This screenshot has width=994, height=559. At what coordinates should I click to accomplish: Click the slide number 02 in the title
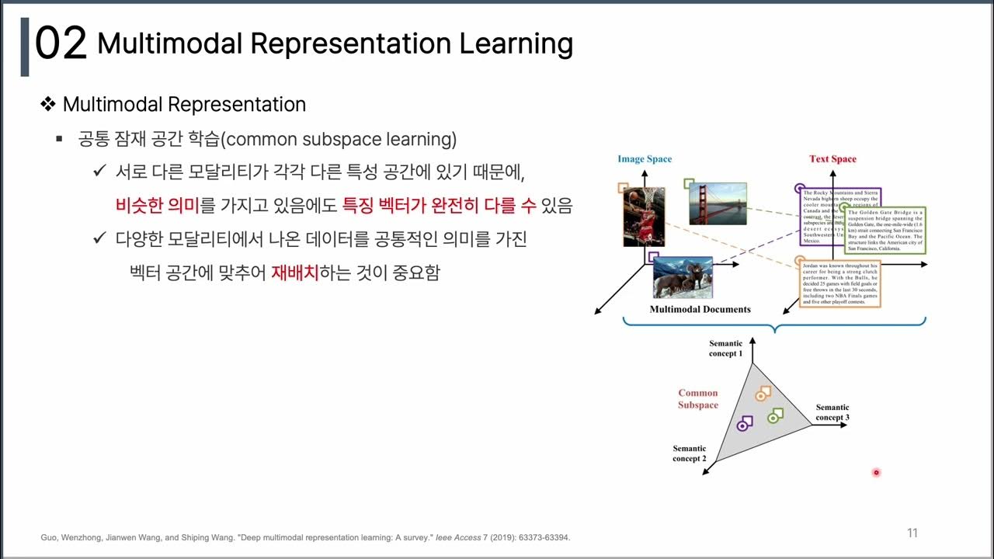click(61, 44)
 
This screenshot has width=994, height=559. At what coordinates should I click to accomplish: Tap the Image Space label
click(645, 159)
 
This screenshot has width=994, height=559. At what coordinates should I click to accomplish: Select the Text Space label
click(832, 159)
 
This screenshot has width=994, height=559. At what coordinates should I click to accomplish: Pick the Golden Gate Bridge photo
click(718, 203)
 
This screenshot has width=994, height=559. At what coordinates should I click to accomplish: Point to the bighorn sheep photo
click(683, 277)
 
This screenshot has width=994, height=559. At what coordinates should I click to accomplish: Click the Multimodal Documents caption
click(700, 309)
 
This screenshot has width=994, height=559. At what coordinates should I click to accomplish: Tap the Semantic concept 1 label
click(725, 349)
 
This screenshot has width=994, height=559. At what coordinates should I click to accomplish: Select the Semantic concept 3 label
click(832, 412)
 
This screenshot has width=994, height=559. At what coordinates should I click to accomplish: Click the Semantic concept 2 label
click(690, 453)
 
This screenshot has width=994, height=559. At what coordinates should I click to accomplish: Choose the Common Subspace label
click(697, 399)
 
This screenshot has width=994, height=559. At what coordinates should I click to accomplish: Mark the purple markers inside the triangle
click(745, 424)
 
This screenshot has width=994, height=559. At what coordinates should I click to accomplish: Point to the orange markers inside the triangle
click(762, 394)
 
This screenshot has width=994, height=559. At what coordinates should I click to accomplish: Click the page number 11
click(912, 533)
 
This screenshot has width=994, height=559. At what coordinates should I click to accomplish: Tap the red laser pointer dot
click(876, 472)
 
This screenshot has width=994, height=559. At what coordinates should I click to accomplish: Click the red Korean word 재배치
click(294, 273)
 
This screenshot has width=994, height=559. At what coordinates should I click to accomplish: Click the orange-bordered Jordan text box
click(839, 285)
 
